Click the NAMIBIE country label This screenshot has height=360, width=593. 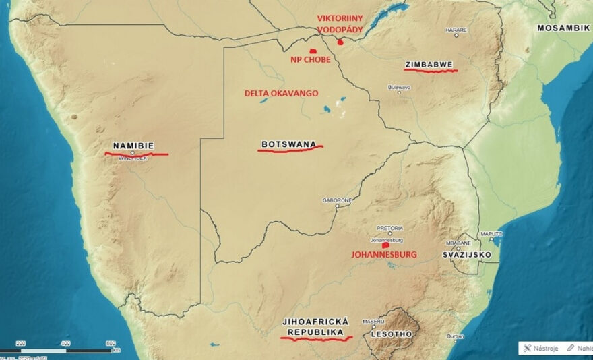click(133, 145)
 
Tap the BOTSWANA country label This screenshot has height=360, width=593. click(288, 144)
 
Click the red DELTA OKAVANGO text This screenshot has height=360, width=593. click(281, 93)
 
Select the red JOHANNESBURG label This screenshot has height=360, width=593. click(385, 255)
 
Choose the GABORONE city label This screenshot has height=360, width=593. click(337, 200)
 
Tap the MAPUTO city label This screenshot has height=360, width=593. click(491, 233)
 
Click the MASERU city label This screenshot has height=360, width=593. click(373, 321)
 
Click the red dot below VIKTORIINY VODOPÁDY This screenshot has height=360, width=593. click(340, 42)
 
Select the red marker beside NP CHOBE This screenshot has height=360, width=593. click(313, 51)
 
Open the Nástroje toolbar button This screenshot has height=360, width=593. click(544, 348)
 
